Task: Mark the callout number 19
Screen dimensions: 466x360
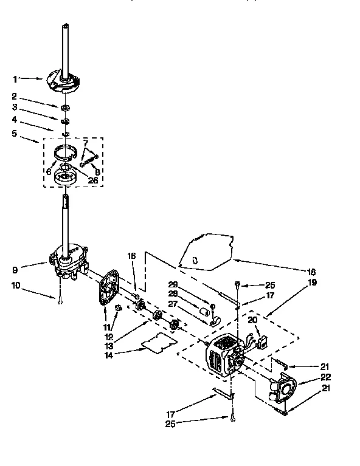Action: tap(313, 283)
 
